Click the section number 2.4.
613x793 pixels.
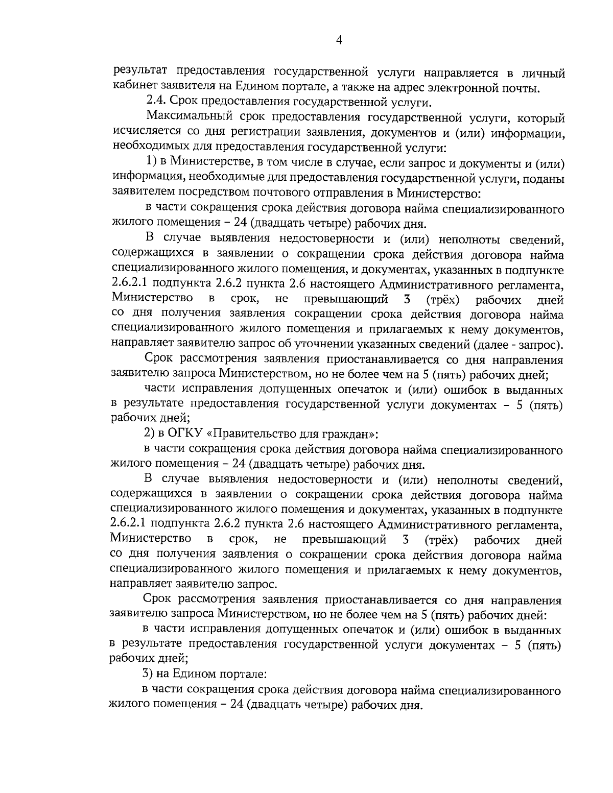(155, 103)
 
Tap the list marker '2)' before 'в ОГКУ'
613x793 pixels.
(150, 435)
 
